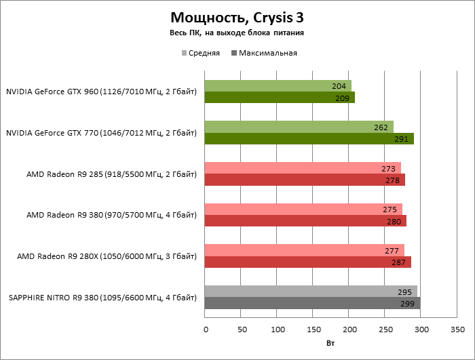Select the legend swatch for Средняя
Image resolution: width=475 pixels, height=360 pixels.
click(183, 53)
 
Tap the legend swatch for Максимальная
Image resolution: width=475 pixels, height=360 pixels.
click(235, 53)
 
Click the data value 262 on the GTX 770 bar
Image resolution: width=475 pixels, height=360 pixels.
click(381, 127)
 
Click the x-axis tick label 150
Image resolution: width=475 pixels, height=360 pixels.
click(313, 329)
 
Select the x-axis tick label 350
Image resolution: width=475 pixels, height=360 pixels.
click(457, 329)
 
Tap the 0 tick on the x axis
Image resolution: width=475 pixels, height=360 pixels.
click(206, 329)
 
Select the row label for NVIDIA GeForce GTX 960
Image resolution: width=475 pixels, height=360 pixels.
click(101, 92)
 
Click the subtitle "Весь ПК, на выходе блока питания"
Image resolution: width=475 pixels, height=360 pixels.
click(237, 33)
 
